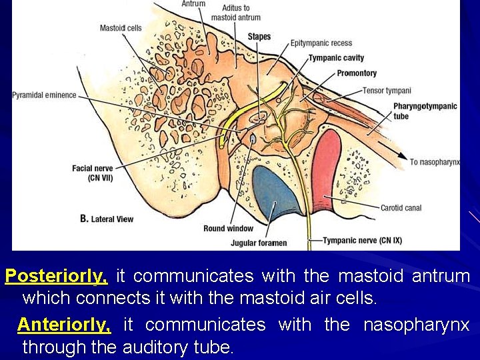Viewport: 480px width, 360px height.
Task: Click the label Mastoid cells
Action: click(121, 28)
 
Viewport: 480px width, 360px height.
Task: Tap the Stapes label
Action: click(259, 36)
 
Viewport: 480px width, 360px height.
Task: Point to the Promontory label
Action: click(357, 73)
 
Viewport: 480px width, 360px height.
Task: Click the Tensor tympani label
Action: click(387, 91)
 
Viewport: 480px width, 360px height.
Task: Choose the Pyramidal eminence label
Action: click(44, 95)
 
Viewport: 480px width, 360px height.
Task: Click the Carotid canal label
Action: click(401, 208)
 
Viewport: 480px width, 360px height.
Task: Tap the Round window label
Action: click(228, 229)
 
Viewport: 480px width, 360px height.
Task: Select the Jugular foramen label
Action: click(259, 243)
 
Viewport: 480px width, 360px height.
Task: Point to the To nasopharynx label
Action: click(435, 162)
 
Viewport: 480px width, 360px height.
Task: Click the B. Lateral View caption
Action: click(107, 219)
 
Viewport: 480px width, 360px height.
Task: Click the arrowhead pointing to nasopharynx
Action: click(402, 156)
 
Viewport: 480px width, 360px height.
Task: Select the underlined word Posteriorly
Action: click(57, 275)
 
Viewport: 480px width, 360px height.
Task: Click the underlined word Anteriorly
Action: click(64, 325)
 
